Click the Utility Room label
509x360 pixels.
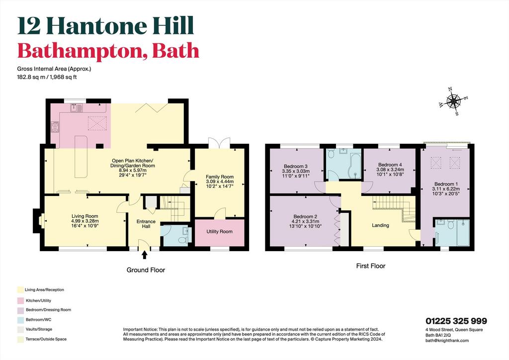coord(219,231)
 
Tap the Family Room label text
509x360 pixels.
coord(220,177)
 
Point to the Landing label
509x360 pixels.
coord(380,225)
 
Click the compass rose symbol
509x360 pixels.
coord(453,101)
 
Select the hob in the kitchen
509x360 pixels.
coord(55,127)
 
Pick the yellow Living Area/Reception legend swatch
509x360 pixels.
coord(20,290)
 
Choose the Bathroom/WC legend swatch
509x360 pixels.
coord(20,320)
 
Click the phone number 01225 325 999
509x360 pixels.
coord(456,321)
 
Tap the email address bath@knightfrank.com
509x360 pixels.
coord(447,341)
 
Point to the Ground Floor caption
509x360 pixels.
coord(146,270)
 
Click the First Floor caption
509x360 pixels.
coord(371,266)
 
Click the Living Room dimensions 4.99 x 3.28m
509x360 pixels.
coord(85,221)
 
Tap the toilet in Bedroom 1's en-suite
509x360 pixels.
coord(450,225)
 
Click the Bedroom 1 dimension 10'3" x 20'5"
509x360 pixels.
coord(446,193)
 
